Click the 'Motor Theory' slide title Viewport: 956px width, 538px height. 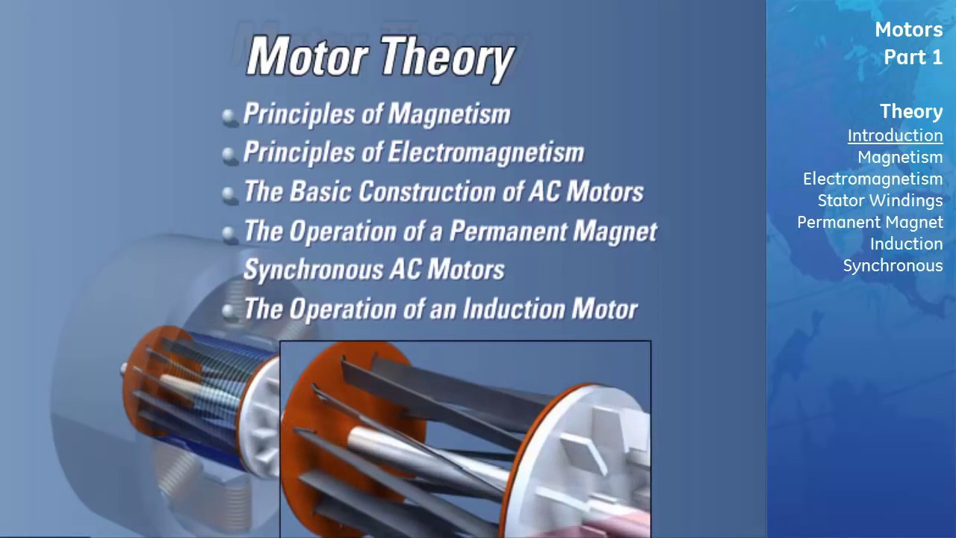point(380,57)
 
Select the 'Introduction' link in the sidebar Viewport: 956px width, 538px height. point(895,135)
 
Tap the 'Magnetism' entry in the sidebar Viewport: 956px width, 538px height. point(899,157)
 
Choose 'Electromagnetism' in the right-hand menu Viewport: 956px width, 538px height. point(872,179)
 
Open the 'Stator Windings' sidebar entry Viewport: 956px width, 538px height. point(880,200)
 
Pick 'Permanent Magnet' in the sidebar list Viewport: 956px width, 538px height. point(869,222)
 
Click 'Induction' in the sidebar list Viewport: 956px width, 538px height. point(906,244)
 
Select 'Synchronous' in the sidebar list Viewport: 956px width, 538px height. point(893,265)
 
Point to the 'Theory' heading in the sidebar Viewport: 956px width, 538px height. point(910,111)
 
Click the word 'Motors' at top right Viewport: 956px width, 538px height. point(908,30)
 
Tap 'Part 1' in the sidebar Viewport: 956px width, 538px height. point(913,58)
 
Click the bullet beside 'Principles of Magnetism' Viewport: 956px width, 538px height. point(229,116)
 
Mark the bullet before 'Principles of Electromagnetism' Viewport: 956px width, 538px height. point(229,155)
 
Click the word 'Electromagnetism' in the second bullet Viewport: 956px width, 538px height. point(485,152)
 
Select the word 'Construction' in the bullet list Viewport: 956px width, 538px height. point(429,191)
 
